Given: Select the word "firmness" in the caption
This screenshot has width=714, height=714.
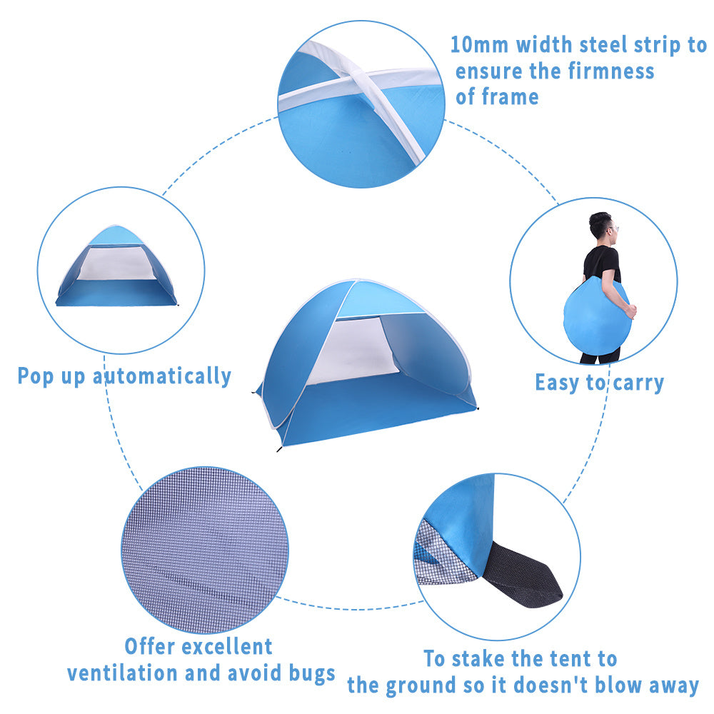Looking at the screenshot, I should [x=610, y=71].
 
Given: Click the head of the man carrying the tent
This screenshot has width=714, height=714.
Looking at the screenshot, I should [x=601, y=226].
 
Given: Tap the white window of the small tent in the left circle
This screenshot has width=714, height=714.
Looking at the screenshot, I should [x=116, y=263].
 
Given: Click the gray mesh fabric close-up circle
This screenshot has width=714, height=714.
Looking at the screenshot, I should [x=204, y=550].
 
